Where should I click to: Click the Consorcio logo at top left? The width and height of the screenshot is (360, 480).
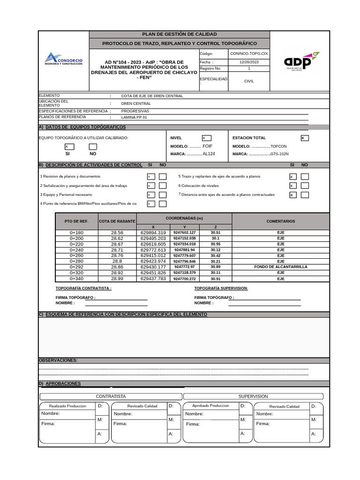64,59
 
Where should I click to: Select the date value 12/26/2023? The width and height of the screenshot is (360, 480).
249,62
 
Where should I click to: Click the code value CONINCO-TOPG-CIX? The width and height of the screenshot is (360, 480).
249,54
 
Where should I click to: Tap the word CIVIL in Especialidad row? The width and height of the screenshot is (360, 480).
249,81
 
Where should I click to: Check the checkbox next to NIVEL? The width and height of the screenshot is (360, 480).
206,138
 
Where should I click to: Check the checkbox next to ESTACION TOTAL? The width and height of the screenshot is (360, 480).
305,138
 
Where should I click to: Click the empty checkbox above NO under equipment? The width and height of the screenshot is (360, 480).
93,147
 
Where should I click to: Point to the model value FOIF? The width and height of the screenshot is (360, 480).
207,146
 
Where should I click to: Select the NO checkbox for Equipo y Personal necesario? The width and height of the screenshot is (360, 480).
163,195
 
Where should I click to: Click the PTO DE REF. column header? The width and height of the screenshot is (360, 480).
76,221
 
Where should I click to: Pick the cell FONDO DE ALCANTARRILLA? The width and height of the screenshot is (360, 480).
281,267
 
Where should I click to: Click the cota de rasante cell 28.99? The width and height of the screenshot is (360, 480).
117,278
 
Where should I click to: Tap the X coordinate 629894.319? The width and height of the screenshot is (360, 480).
153,232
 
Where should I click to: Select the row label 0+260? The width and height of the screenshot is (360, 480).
76,255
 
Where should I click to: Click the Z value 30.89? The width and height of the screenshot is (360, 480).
216,267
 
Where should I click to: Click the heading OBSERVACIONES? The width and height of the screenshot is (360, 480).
58,360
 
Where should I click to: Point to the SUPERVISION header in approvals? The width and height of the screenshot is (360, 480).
253,396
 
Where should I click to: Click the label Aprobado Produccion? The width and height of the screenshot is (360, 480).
211,405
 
